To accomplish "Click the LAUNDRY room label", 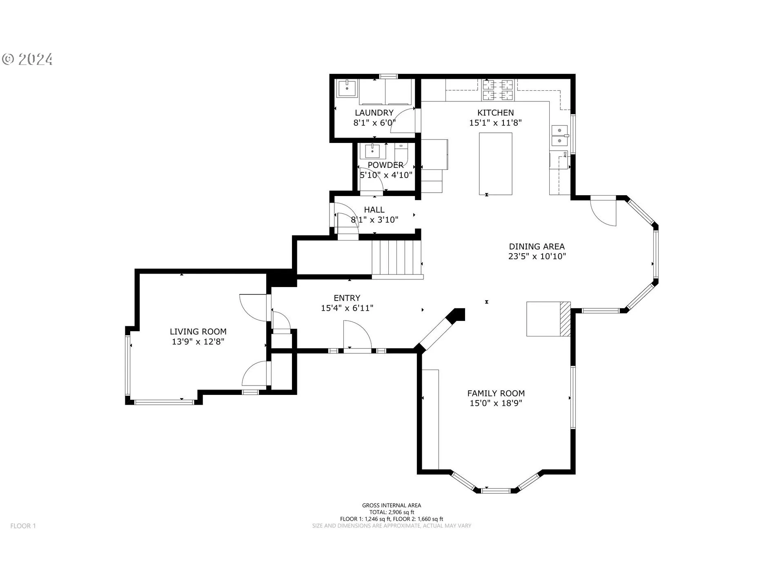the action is [374, 113].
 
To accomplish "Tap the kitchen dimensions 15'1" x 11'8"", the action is [495, 123].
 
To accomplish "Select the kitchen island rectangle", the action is [495, 164].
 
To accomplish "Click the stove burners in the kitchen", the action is [498, 90].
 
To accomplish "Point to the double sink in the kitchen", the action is [559, 136].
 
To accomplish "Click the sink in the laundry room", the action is [347, 88].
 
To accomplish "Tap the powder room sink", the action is [372, 151].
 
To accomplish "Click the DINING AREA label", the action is [537, 247].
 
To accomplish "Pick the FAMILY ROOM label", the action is [496, 393].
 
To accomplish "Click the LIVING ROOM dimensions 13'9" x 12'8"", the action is [198, 342].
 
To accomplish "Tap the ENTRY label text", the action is [347, 298].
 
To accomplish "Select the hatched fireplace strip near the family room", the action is [565, 319].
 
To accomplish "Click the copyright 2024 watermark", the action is [27, 60].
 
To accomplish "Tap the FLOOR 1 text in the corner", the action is [23, 526].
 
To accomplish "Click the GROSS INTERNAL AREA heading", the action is [392, 506].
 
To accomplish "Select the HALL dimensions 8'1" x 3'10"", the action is [374, 220].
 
